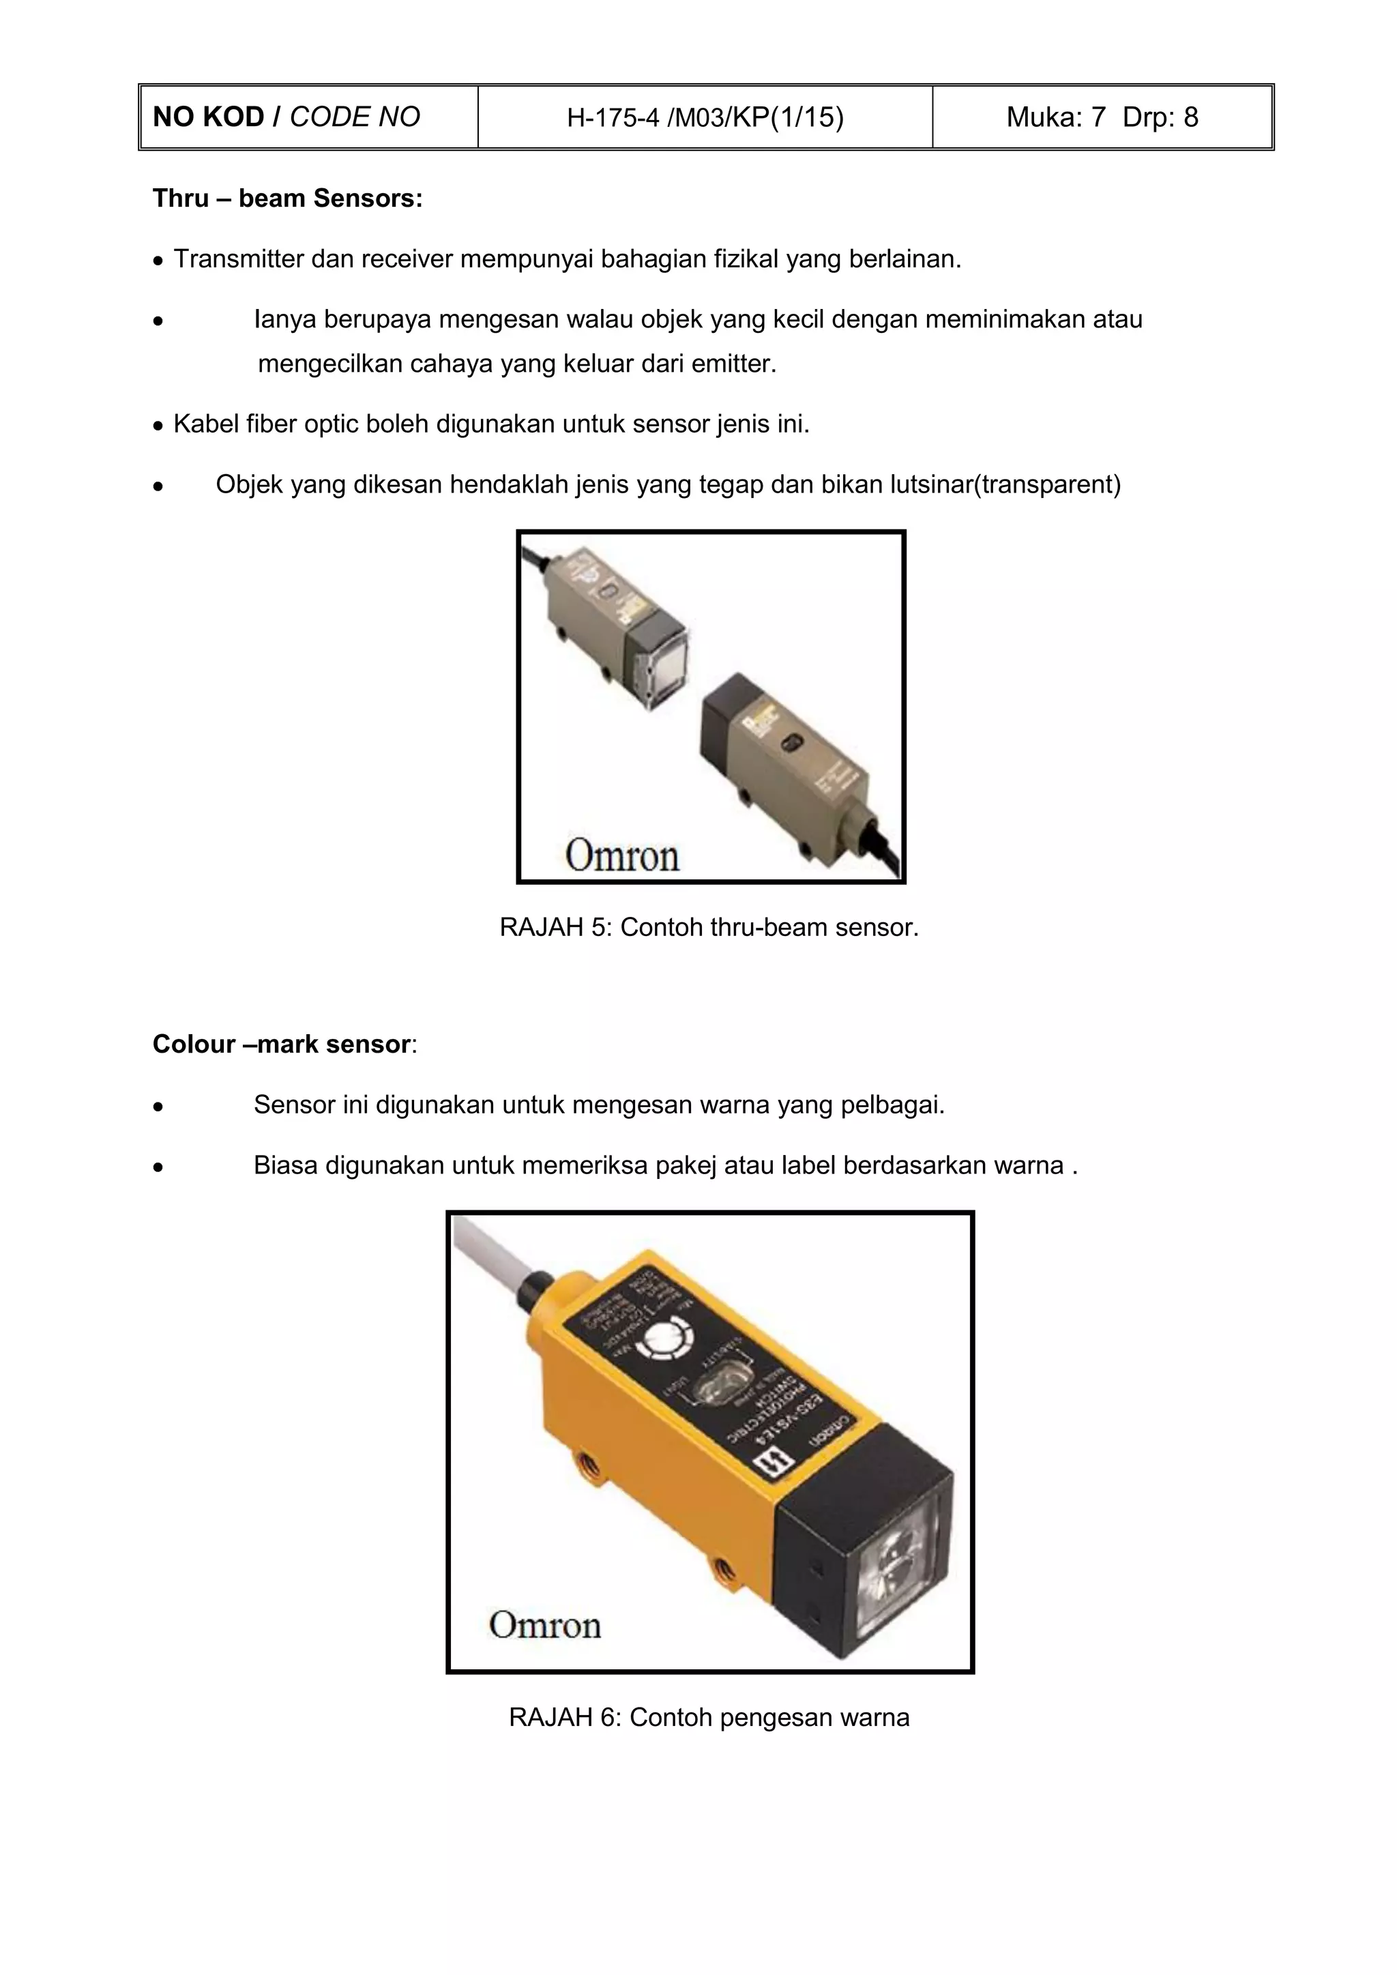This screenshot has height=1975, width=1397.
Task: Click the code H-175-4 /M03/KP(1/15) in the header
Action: coord(705,117)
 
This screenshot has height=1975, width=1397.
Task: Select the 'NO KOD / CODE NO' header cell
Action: coord(286,117)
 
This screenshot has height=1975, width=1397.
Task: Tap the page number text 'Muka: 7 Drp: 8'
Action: coord(1102,117)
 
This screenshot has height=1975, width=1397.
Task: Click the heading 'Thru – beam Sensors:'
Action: coord(287,199)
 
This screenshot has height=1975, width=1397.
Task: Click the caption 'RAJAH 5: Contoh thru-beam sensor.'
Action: coord(709,927)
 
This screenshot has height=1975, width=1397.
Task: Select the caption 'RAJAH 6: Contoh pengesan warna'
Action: coord(709,1717)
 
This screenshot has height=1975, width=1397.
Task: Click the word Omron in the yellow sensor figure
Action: coord(544,1625)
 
